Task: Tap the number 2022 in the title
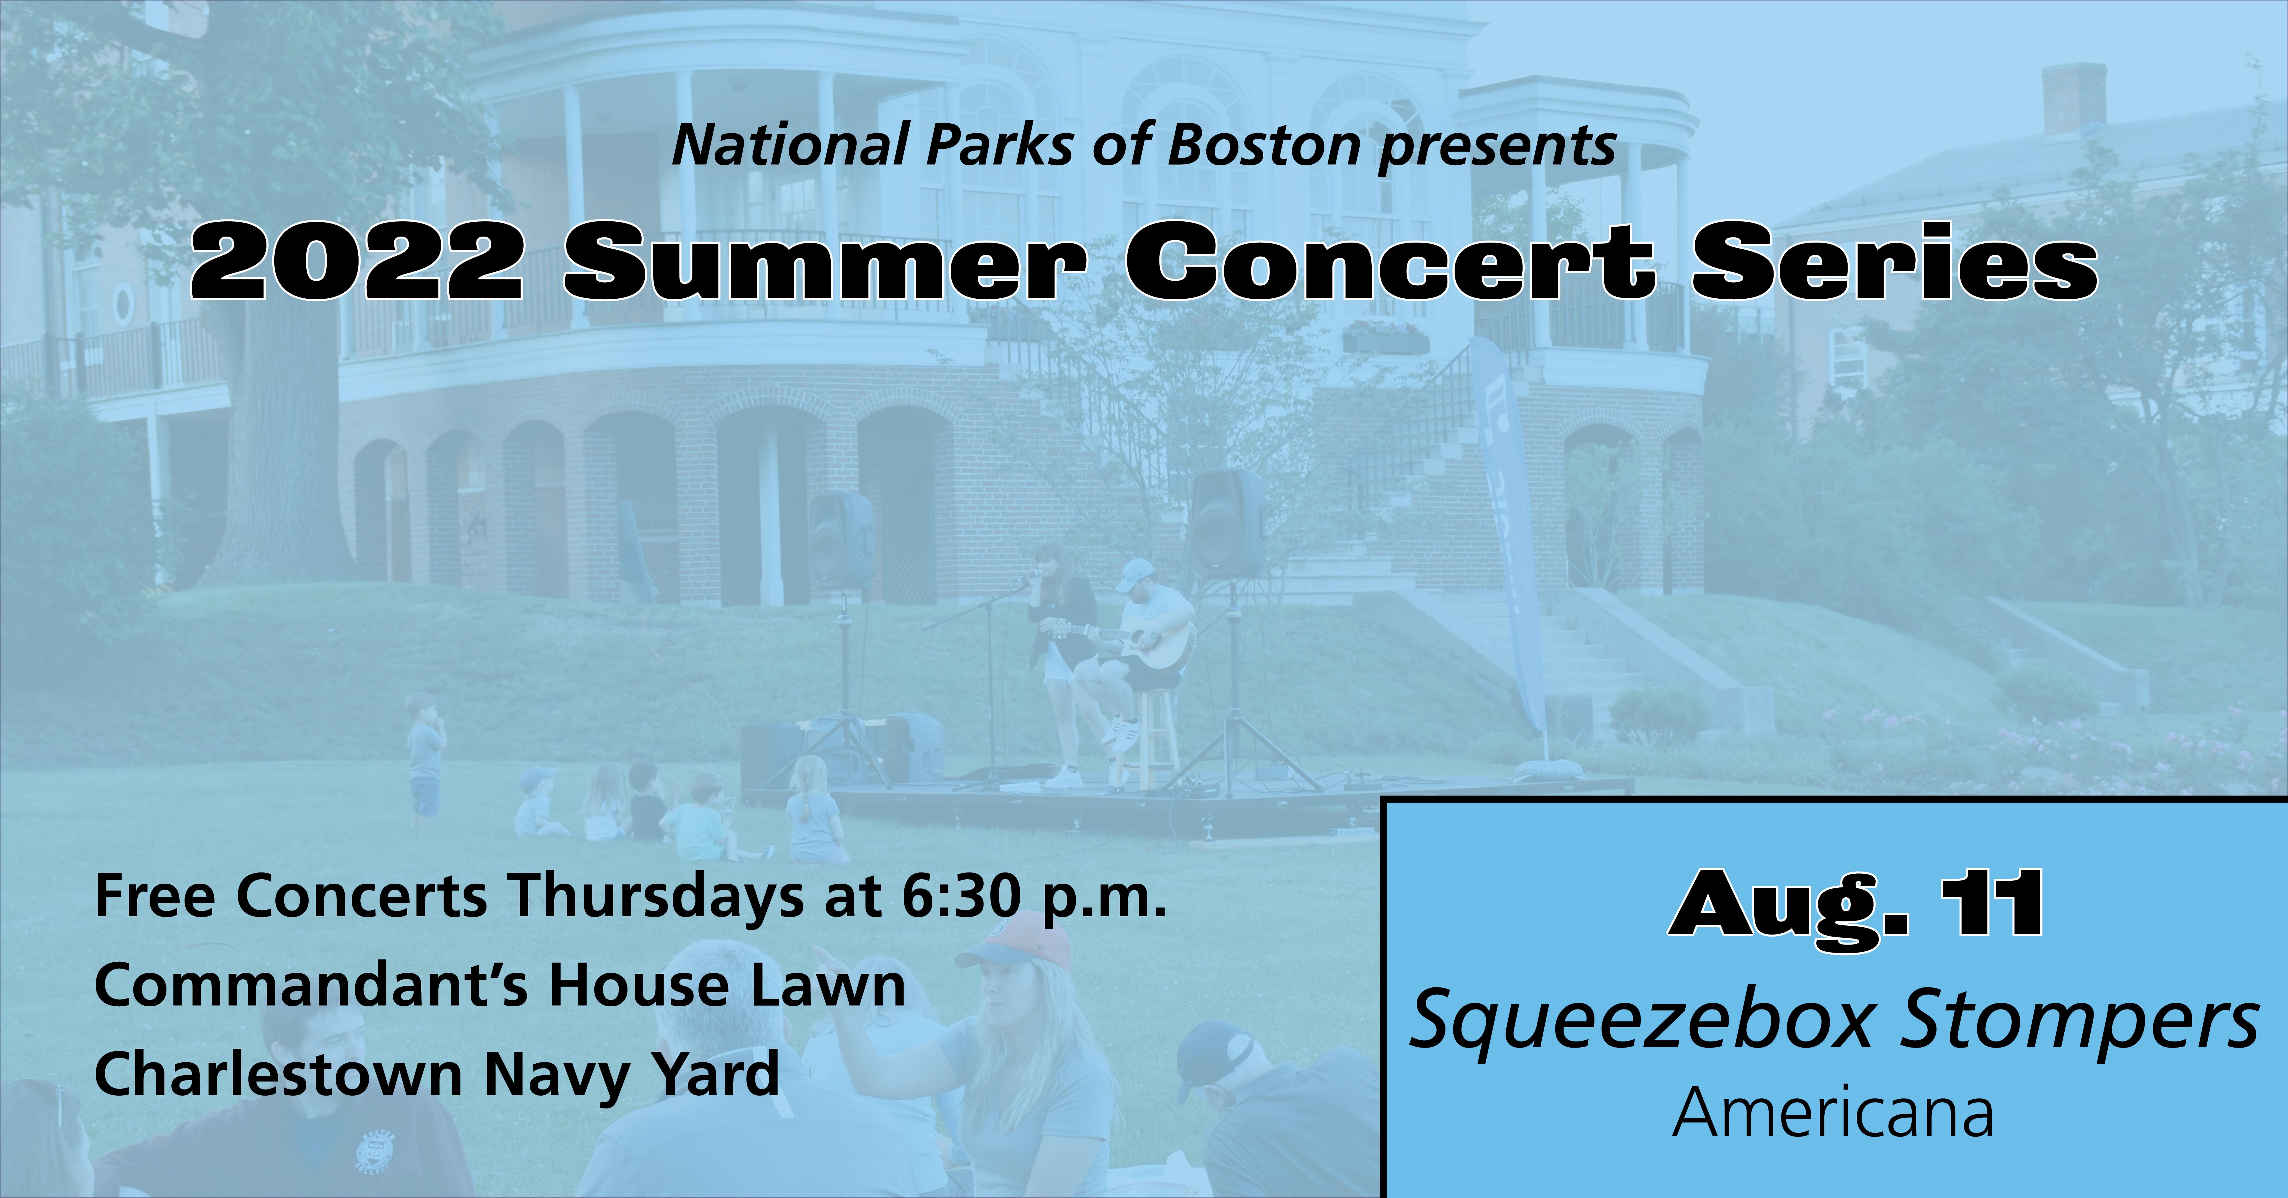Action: point(355,261)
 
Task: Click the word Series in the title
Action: point(1894,261)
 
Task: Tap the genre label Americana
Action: point(1833,1114)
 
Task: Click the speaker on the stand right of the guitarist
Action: point(1228,524)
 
